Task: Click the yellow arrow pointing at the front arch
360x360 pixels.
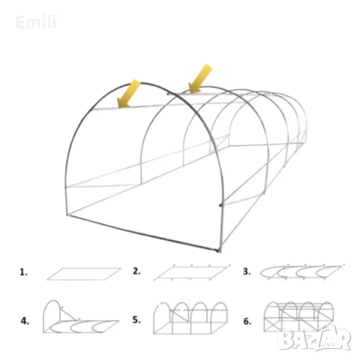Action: click(x=128, y=94)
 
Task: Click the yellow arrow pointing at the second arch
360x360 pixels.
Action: click(x=200, y=79)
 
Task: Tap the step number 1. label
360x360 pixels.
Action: click(x=23, y=272)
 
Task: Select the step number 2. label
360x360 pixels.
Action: click(x=136, y=271)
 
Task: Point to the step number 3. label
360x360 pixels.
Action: click(x=247, y=271)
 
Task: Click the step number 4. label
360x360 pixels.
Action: click(x=25, y=321)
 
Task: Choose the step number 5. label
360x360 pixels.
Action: click(x=136, y=319)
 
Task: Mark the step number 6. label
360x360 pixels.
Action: click(x=247, y=321)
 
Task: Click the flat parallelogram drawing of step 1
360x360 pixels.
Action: click(x=84, y=274)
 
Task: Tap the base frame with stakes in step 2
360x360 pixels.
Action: click(x=192, y=272)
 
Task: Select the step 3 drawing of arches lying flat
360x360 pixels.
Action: click(x=302, y=271)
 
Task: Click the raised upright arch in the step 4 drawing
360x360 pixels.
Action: click(x=52, y=301)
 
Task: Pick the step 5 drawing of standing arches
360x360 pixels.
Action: click(x=190, y=318)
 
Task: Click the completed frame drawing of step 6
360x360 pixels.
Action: click(x=298, y=317)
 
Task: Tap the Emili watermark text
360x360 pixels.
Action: click(x=36, y=22)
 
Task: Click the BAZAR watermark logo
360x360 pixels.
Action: click(x=314, y=338)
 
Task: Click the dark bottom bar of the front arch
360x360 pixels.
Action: click(x=143, y=232)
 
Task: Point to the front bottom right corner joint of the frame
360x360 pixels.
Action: click(x=219, y=250)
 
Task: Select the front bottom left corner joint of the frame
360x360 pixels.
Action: click(x=67, y=214)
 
